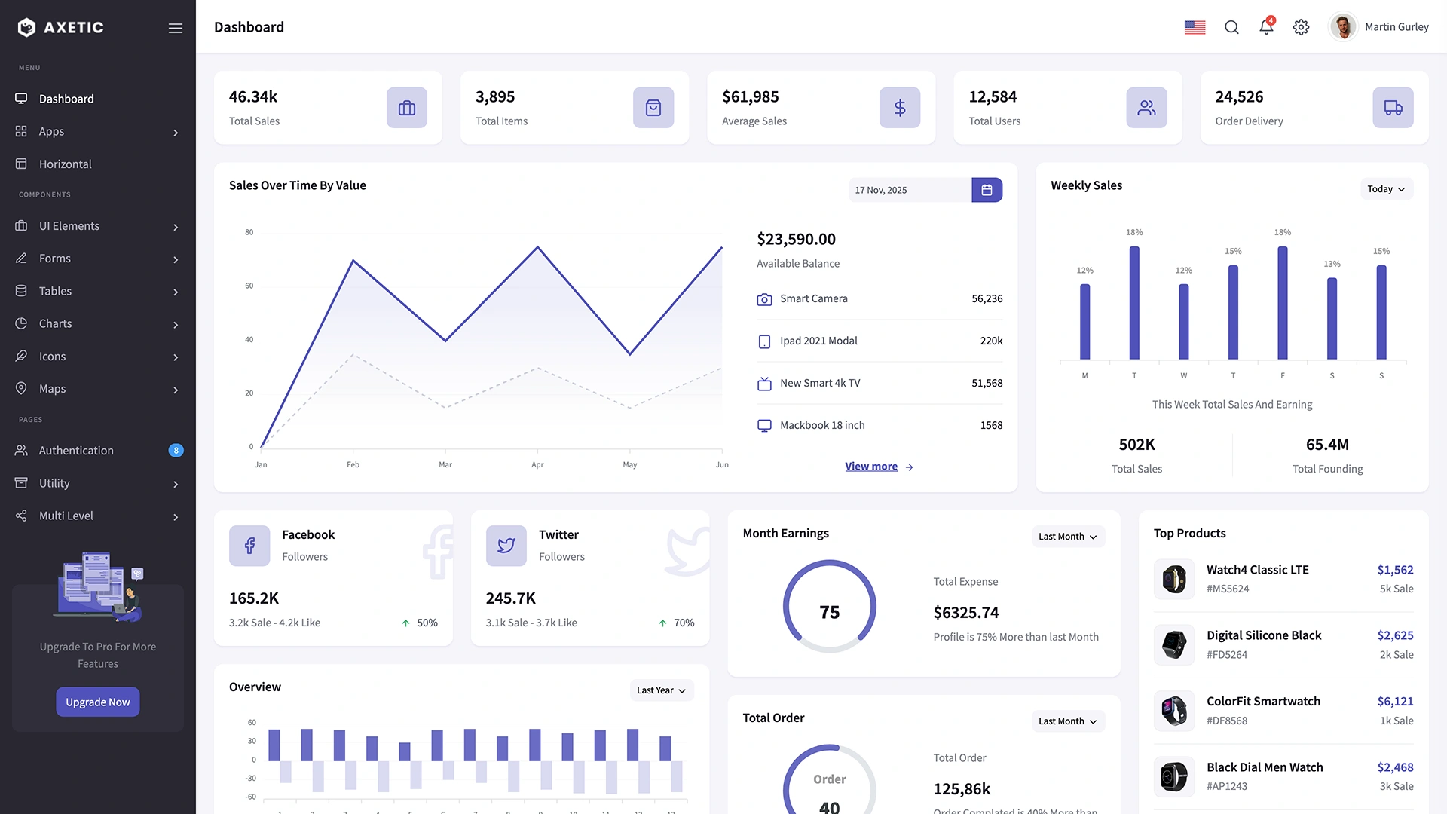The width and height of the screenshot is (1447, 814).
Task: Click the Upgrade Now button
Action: click(97, 702)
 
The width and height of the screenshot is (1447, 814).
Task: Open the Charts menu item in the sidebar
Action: click(56, 323)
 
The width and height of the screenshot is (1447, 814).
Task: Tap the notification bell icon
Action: click(1266, 27)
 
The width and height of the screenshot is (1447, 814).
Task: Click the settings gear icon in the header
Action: click(1301, 27)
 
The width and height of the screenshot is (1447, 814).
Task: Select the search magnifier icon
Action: click(1231, 27)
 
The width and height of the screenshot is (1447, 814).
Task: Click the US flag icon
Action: click(1195, 27)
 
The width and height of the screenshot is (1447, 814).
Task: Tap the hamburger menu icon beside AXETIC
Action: click(176, 28)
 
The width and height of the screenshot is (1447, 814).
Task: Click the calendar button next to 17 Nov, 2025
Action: click(987, 190)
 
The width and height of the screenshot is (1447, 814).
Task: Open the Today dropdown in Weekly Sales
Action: click(1385, 189)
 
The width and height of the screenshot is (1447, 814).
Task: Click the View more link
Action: click(871, 467)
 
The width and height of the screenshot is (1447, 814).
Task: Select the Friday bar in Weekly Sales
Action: click(1282, 303)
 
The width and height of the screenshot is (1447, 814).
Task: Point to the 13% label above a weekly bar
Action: click(1332, 264)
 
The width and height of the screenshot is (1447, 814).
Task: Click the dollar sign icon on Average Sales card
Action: click(900, 108)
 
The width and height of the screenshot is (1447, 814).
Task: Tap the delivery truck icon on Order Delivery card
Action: click(1393, 108)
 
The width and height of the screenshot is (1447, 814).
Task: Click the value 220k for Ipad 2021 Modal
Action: click(991, 341)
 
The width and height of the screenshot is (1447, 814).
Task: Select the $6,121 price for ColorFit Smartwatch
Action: click(1395, 701)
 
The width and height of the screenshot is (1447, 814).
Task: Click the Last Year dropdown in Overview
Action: click(661, 690)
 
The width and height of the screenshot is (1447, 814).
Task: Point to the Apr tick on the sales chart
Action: click(537, 464)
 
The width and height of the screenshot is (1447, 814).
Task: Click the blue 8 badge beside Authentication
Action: click(176, 451)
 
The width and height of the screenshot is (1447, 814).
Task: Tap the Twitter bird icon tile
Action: click(506, 546)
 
